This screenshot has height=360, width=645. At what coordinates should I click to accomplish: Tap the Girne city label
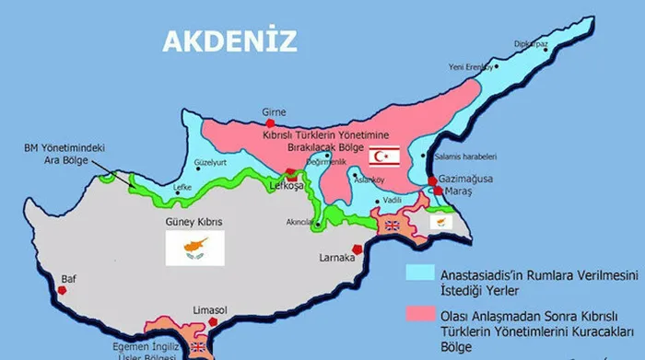pos(275,112)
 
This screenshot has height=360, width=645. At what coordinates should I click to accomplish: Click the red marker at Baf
pos(63,290)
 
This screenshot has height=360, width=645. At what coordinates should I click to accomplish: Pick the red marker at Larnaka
pos(357,249)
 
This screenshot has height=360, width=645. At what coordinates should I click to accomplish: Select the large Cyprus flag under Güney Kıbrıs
pos(194,247)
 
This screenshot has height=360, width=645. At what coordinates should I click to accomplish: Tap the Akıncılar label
pos(300,222)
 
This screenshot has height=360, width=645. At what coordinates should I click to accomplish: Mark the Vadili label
pos(393,200)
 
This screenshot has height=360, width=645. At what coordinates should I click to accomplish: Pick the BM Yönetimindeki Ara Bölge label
pos(57,152)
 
